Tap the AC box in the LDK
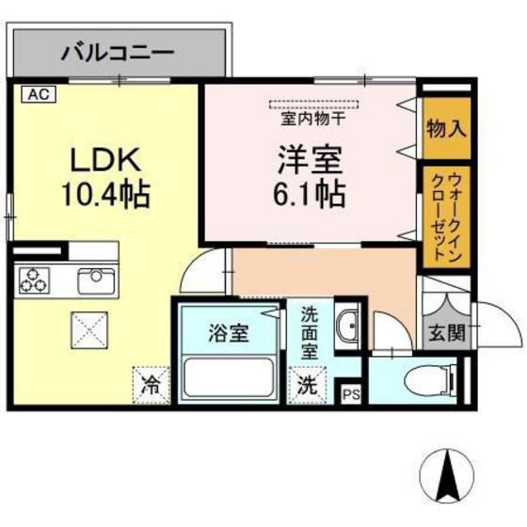click(35, 94)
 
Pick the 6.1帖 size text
click(310, 195)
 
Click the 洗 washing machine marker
click(307, 384)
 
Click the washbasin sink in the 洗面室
click(349, 325)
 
